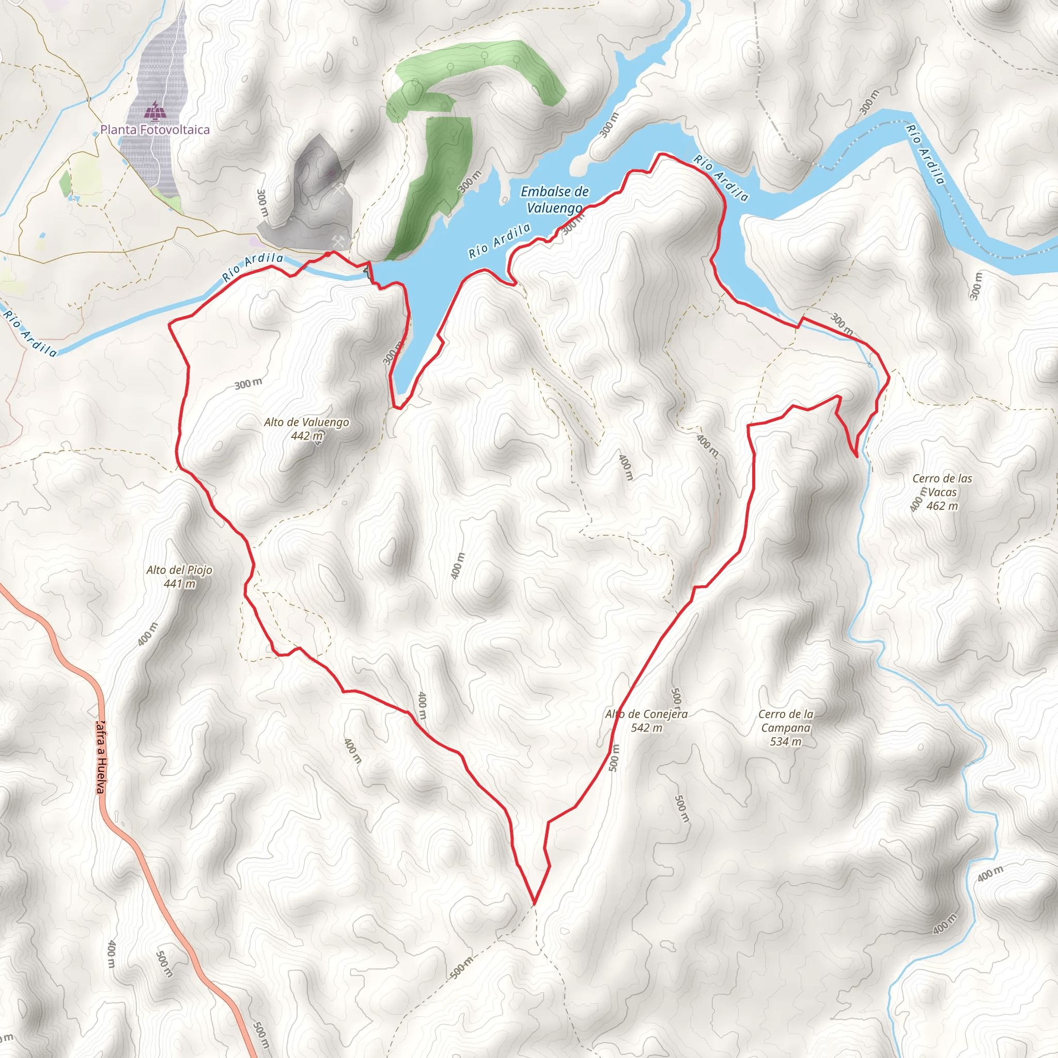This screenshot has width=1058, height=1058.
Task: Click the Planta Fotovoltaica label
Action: pos(155,130)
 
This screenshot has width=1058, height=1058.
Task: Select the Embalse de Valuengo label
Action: pos(554,199)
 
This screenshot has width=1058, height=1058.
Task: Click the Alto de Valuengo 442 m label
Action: pos(306,429)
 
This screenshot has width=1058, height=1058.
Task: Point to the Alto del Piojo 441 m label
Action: pos(179,577)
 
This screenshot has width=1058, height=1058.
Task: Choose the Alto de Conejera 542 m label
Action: pos(646,721)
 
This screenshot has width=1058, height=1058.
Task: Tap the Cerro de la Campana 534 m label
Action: pos(785,728)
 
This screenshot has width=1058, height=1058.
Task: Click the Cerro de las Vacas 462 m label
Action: pos(942,492)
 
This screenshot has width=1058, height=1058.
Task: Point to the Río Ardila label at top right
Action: pos(925,154)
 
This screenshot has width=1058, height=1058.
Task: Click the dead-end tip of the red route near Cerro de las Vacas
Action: pos(857,456)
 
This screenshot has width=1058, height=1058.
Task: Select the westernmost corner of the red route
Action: pos(168,324)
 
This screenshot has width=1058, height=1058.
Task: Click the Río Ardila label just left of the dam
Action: pos(253,267)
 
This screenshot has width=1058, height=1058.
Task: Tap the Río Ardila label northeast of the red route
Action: pos(721,179)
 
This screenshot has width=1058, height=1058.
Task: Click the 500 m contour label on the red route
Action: pos(614,757)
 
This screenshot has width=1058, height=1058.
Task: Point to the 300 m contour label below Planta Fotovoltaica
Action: pos(262,203)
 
